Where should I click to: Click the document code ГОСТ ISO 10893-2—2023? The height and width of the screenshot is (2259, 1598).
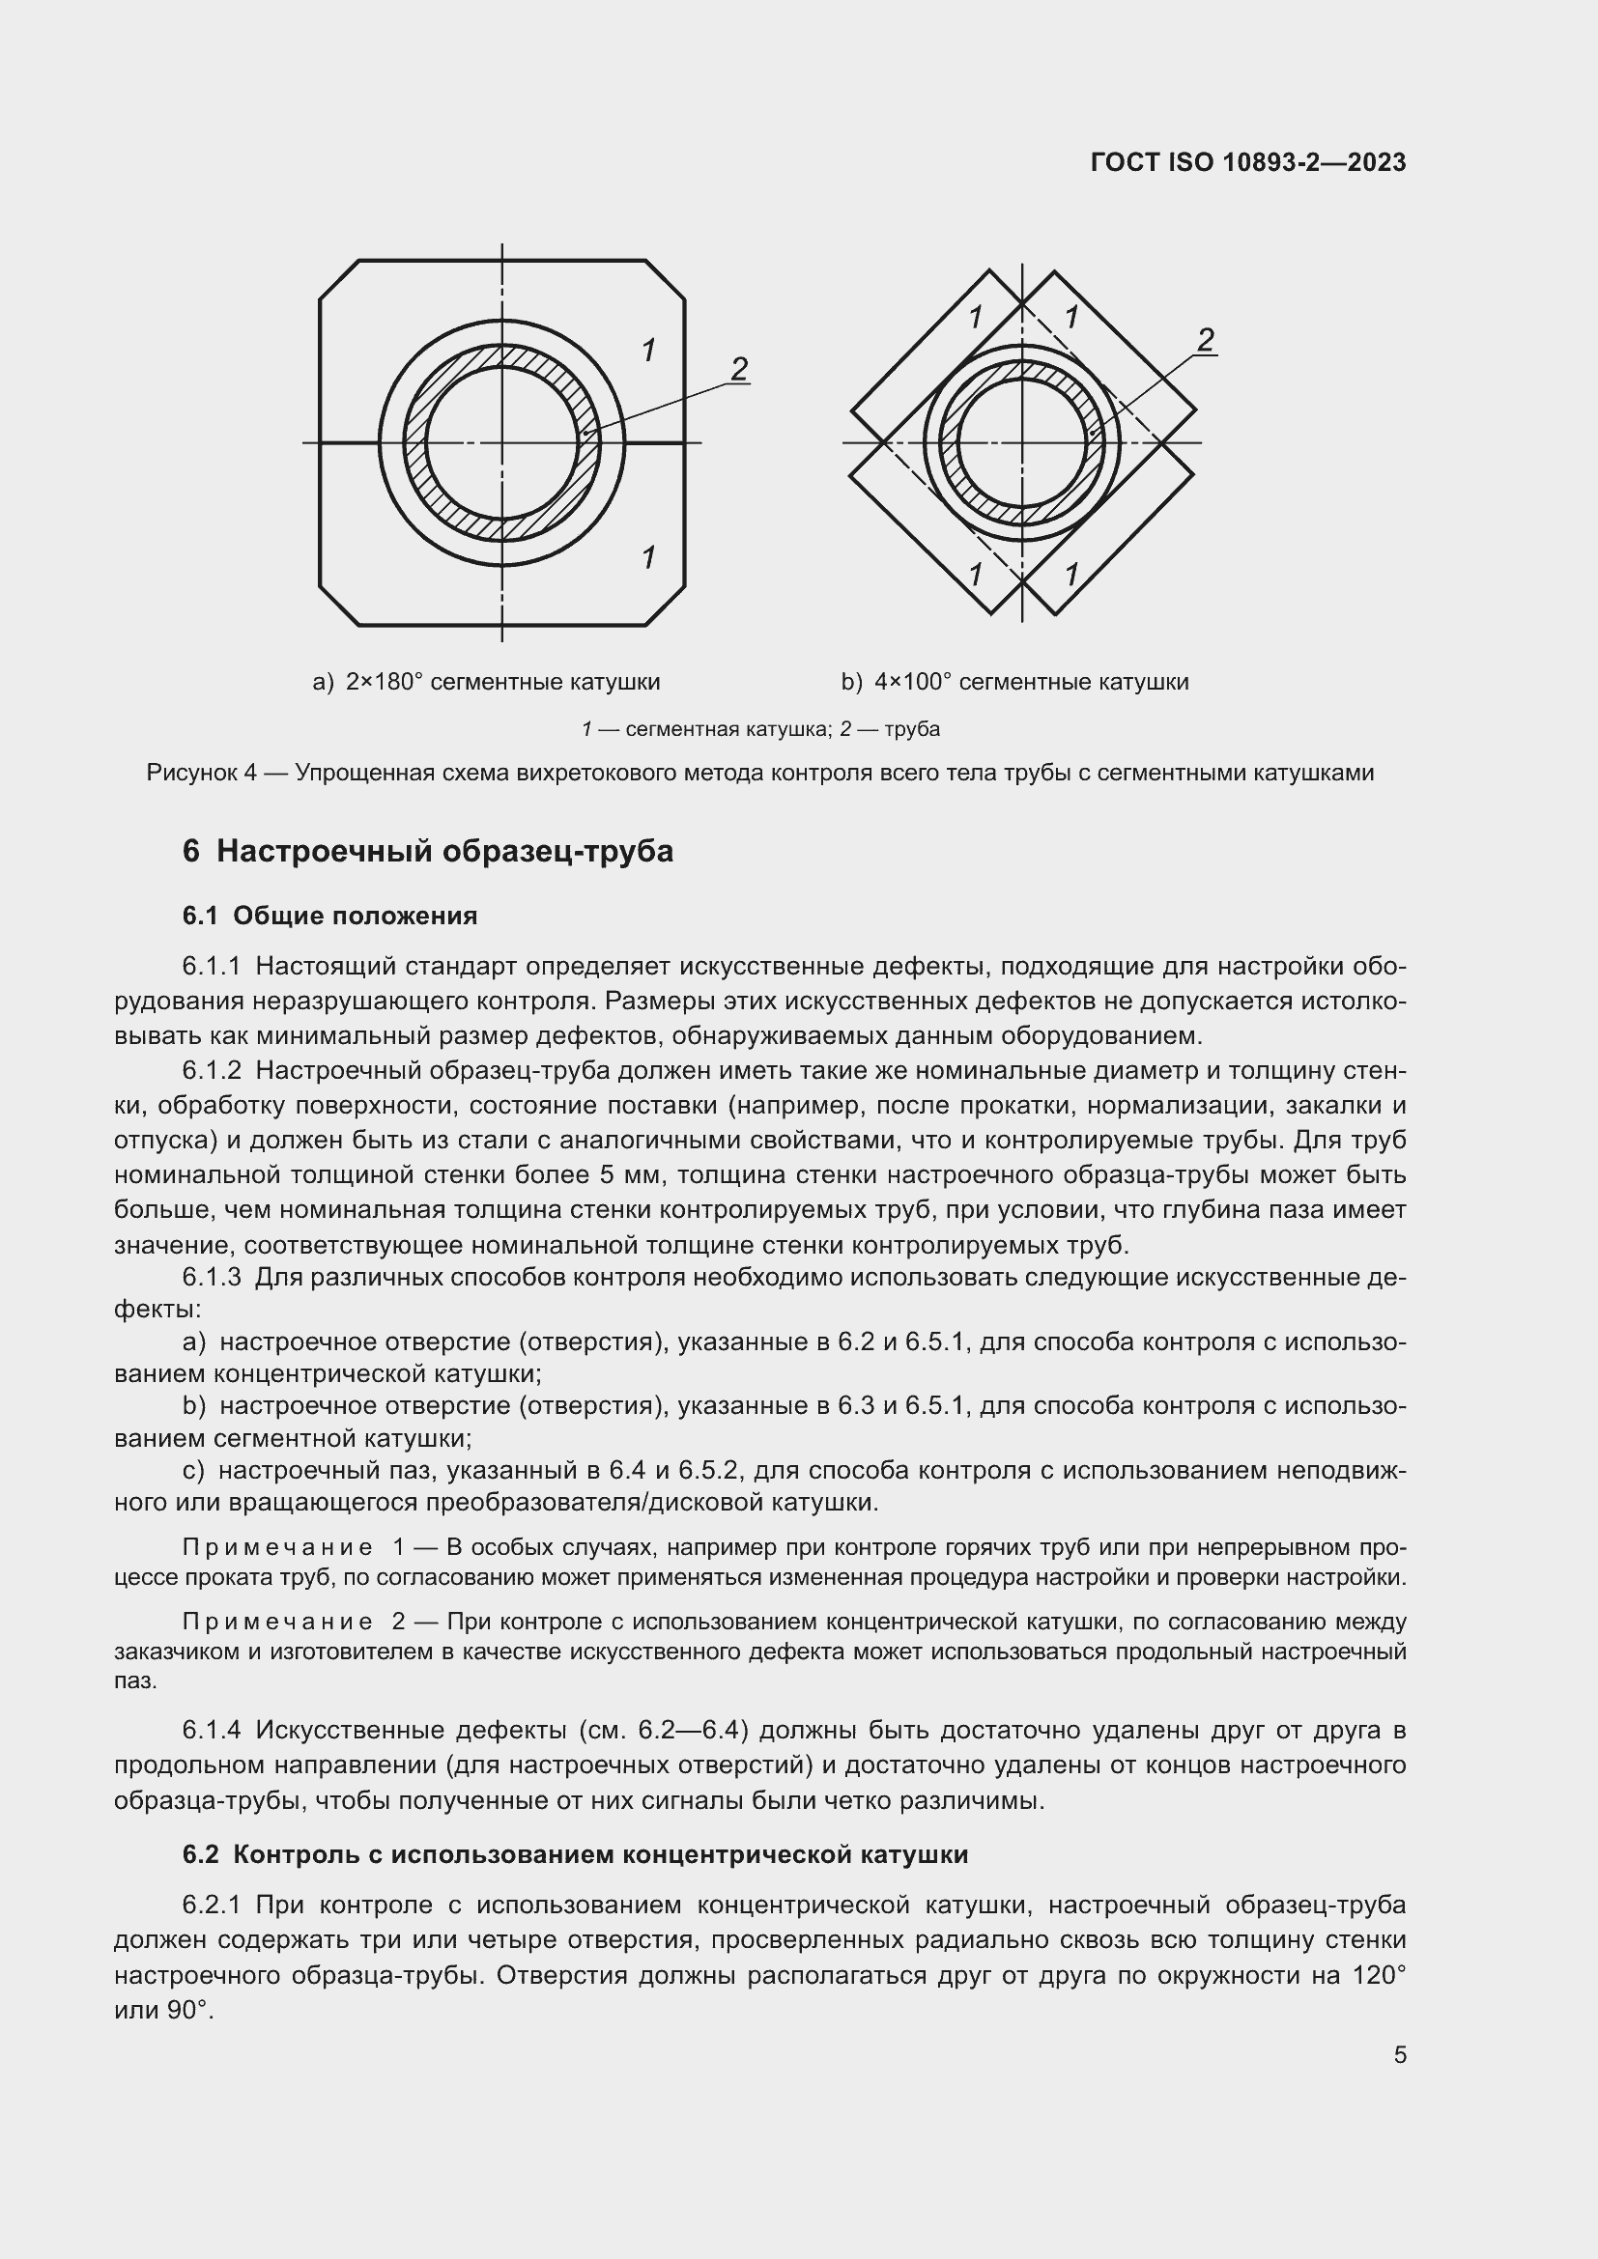click(1247, 162)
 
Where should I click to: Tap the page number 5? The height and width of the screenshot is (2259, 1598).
click(1399, 2054)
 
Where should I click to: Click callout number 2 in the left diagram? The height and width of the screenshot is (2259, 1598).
click(739, 368)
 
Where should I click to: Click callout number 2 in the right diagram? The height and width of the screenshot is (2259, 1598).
click(1206, 339)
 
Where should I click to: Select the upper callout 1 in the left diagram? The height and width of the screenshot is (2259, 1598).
click(648, 350)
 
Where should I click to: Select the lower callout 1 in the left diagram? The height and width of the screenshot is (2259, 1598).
click(648, 557)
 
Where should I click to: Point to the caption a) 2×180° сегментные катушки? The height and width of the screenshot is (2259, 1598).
click(486, 682)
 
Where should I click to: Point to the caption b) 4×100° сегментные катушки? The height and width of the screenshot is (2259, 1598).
click(1014, 682)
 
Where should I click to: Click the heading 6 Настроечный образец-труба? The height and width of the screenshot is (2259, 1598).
click(428, 850)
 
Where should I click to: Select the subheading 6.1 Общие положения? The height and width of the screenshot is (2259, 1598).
click(329, 916)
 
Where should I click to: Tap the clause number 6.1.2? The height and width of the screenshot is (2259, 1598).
click(212, 1070)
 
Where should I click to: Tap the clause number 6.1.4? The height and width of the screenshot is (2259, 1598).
click(212, 1730)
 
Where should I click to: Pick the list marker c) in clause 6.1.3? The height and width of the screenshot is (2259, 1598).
click(193, 1471)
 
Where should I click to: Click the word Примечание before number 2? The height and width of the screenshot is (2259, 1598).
click(277, 1621)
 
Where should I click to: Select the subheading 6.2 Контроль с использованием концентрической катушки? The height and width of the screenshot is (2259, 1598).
click(576, 1854)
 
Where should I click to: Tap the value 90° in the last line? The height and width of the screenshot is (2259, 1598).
click(188, 2010)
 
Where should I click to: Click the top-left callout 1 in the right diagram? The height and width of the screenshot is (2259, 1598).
click(975, 317)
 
